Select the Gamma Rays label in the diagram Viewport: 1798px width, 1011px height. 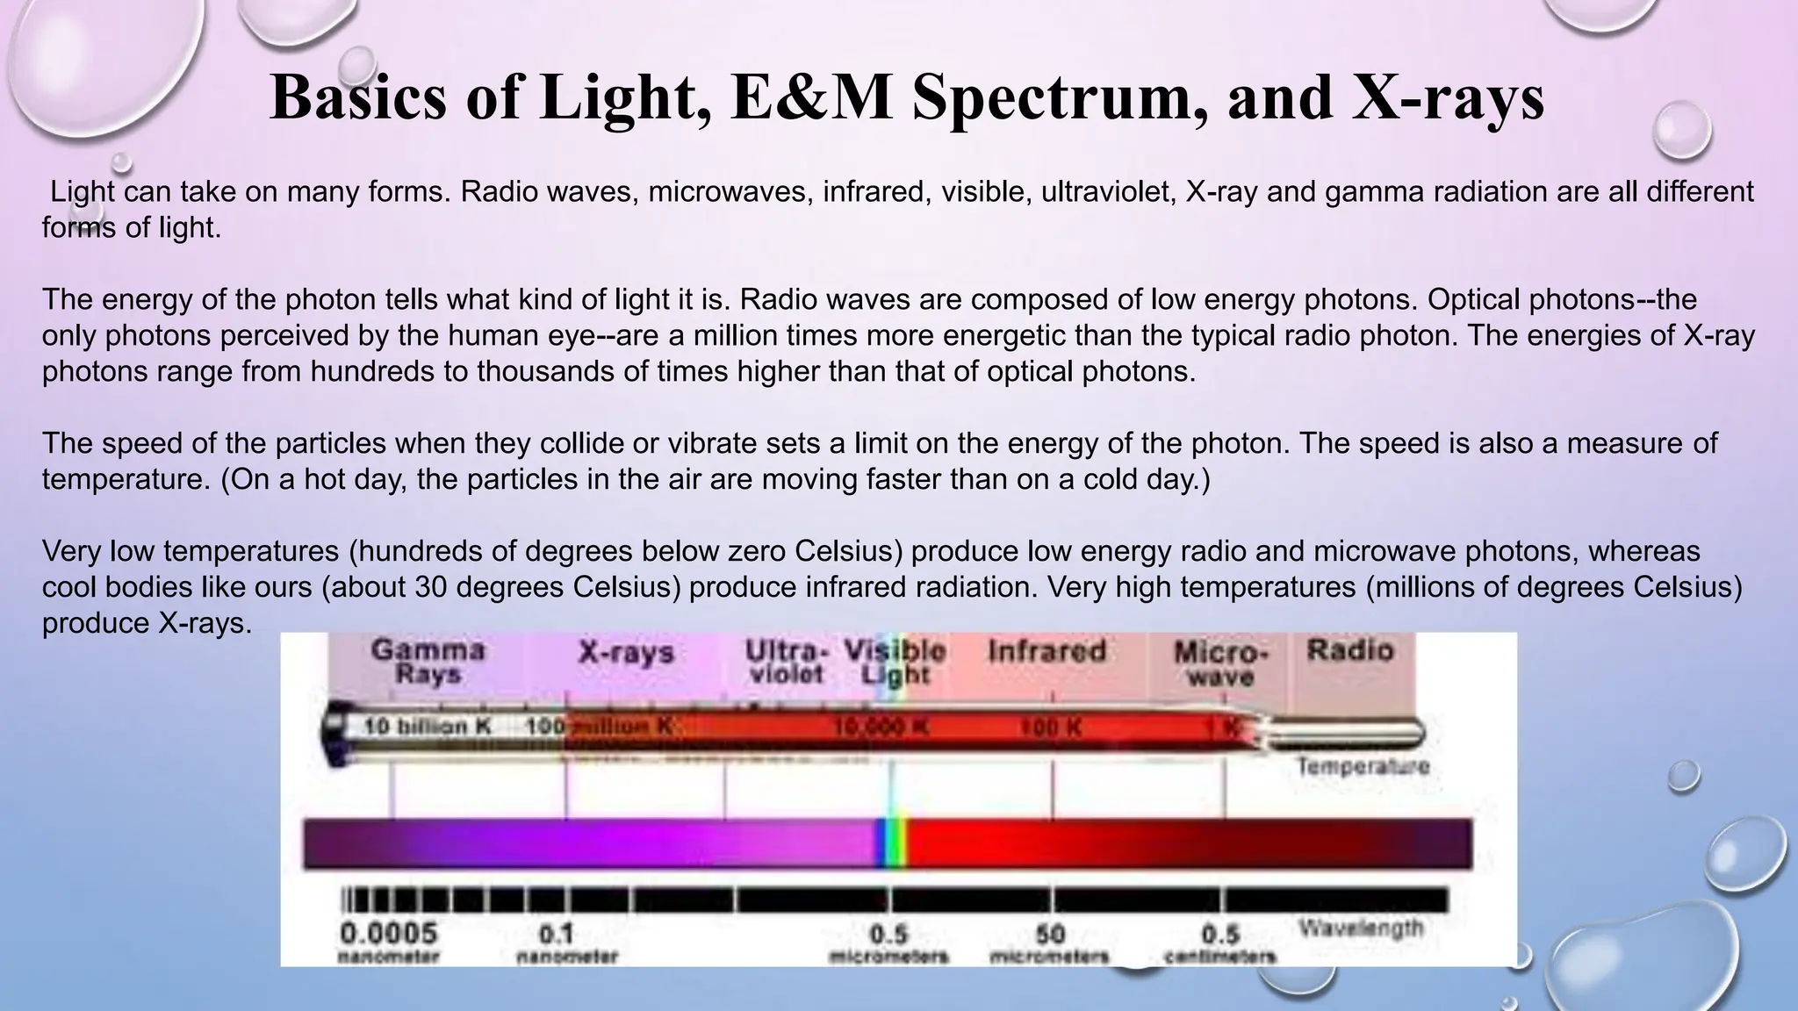pos(428,662)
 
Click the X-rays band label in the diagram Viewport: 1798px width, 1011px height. pos(626,653)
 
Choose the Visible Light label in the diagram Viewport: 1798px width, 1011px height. pos(895,662)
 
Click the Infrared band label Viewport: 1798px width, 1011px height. pos(1046,651)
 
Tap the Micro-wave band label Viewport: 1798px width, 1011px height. pos(1220,663)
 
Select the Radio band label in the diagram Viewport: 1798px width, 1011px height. pos(1350,650)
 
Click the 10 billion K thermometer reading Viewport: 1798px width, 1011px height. pos(427,727)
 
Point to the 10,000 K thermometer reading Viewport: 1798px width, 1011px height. pos(881,728)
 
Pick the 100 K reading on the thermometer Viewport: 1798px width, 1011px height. pos(1050,728)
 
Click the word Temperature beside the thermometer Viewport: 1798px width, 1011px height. pos(1363,767)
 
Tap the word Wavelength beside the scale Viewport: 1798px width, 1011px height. pos(1361,928)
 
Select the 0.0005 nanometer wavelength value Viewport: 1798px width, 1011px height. pos(388,940)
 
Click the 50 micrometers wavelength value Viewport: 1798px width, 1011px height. pos(1049,942)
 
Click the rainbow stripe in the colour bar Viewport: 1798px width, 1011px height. pos(892,842)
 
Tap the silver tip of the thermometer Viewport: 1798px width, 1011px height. pos(1352,729)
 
